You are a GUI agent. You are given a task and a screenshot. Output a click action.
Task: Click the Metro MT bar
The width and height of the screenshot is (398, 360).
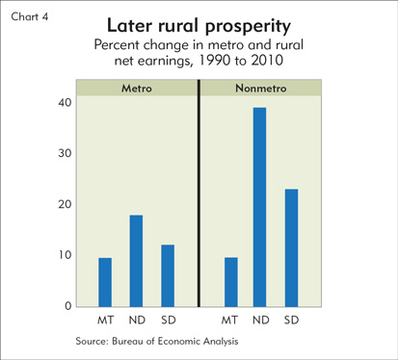click(105, 282)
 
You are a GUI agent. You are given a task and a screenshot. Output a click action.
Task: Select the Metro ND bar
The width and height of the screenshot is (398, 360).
click(136, 261)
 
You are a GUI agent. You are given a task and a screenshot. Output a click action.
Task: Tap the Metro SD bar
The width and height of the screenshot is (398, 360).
click(168, 276)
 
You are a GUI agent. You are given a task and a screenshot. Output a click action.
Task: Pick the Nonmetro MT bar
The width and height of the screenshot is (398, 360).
click(231, 282)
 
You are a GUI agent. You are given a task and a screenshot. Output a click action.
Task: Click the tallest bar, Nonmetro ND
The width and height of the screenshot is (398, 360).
click(259, 207)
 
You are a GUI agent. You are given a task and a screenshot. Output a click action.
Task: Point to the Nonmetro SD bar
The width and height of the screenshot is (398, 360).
click(291, 248)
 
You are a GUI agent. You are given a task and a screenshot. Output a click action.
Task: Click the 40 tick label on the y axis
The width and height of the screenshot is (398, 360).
click(65, 103)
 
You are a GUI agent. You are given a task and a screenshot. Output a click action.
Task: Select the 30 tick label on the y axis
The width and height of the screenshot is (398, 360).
click(65, 153)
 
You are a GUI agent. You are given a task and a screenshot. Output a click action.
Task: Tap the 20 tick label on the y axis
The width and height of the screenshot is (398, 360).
click(65, 204)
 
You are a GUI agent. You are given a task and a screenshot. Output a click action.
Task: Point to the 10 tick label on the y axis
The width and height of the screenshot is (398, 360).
click(65, 255)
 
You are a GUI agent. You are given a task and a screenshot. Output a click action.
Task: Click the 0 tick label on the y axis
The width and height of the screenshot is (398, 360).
click(67, 306)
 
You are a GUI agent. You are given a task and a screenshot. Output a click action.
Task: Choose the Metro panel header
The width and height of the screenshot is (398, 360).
click(137, 89)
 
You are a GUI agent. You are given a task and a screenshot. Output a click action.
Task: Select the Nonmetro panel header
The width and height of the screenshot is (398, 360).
click(261, 89)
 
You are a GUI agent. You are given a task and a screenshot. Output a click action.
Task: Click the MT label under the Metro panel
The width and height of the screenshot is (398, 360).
click(106, 320)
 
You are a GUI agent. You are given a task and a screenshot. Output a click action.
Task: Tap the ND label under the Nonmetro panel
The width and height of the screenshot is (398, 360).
click(260, 320)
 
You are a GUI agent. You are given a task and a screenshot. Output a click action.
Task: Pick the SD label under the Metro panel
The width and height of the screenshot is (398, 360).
click(169, 320)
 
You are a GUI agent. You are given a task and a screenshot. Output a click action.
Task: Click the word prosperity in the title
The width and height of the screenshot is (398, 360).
click(248, 27)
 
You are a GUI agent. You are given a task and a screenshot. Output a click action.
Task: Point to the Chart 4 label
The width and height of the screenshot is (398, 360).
click(30, 16)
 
